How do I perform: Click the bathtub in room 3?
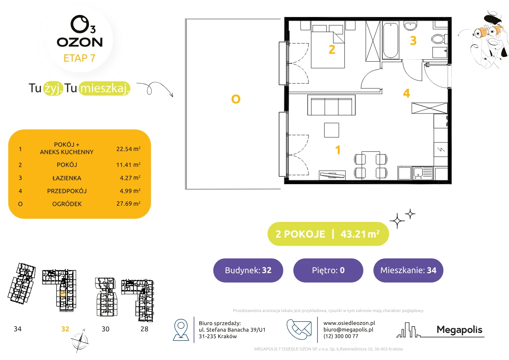pyautogui.click(x=390, y=40)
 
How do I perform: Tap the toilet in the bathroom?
pyautogui.click(x=439, y=39)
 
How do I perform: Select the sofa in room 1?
pyautogui.click(x=331, y=105)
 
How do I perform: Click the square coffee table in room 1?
pyautogui.click(x=332, y=130)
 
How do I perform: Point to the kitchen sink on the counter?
pyautogui.click(x=422, y=173)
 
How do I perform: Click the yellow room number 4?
pyautogui.click(x=407, y=93)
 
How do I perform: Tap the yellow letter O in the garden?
pyautogui.click(x=236, y=99)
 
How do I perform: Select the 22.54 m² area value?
pyautogui.click(x=128, y=149)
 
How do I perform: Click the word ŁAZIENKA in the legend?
pyautogui.click(x=67, y=178)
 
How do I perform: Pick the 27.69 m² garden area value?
pyautogui.click(x=128, y=203)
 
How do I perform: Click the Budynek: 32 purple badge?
pyautogui.click(x=248, y=270)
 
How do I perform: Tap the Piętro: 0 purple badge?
pyautogui.click(x=328, y=270)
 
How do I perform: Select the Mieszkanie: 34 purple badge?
pyautogui.click(x=408, y=270)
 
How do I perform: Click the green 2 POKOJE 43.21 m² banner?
pyautogui.click(x=328, y=234)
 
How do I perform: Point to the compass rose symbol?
pyautogui.click(x=79, y=341)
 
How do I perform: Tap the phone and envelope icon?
pyautogui.click(x=299, y=329)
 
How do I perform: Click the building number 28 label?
pyautogui.click(x=144, y=329)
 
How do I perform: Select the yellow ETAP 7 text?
pyautogui.click(x=79, y=58)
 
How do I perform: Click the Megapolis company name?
pyautogui.click(x=459, y=330)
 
